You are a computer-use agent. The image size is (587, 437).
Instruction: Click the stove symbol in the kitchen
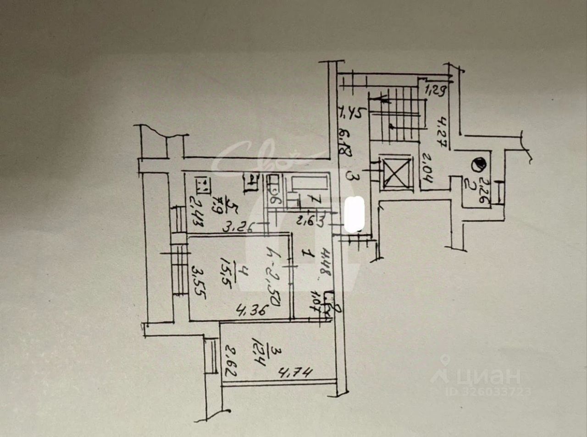tap(202, 185)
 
